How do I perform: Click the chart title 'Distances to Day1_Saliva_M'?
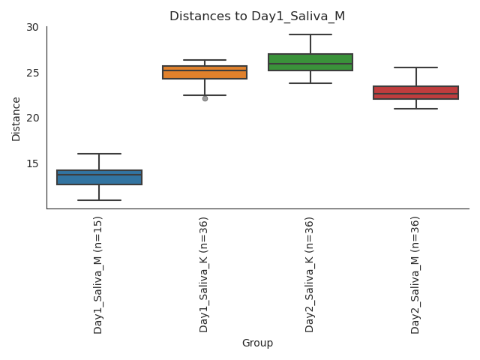click(256, 16)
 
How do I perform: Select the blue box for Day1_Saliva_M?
click(99, 178)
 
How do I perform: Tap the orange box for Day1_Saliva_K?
click(205, 73)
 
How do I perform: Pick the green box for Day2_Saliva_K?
click(310, 62)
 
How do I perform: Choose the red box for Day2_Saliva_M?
click(415, 92)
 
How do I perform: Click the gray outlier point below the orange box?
click(205, 98)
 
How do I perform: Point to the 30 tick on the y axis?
click(32, 28)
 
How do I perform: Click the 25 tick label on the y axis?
click(32, 73)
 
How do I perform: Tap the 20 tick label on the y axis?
click(32, 118)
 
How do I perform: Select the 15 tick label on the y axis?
click(32, 163)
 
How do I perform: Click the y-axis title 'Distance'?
click(16, 118)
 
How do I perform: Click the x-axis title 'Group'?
click(257, 343)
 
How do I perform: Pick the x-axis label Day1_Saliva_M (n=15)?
click(98, 274)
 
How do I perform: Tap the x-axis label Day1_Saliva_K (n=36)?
click(204, 274)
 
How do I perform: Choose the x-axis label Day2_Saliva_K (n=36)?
click(310, 274)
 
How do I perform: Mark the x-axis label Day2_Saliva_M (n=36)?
click(415, 274)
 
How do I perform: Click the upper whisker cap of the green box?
click(310, 34)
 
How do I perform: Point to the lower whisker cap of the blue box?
click(99, 200)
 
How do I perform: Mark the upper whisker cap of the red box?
click(415, 67)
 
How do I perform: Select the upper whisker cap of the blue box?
click(99, 154)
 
